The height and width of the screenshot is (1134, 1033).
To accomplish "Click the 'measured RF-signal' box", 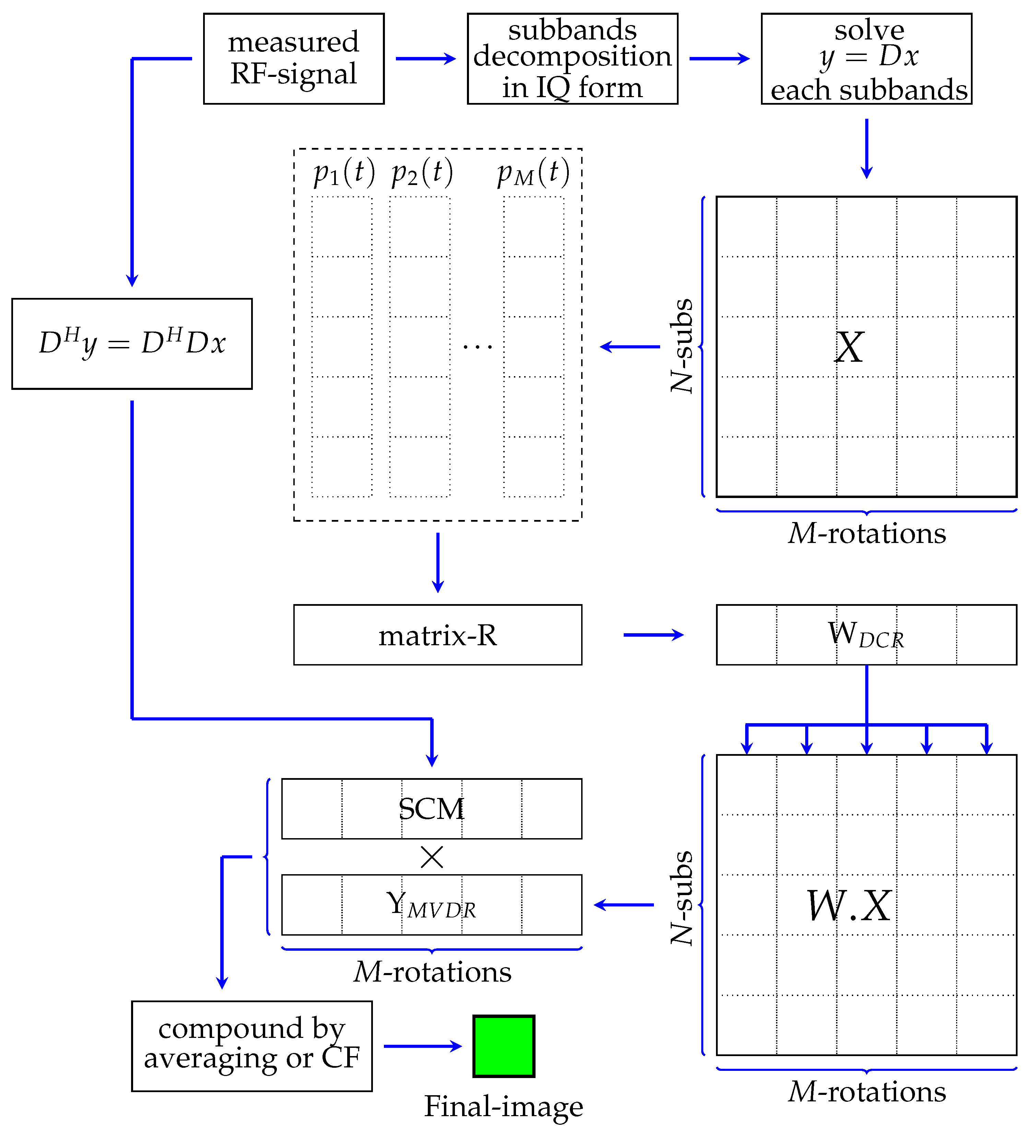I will coord(294,58).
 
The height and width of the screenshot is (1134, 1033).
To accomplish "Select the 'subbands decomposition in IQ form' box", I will coord(573,58).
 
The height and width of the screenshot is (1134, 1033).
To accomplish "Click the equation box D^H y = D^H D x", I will coord(132,344).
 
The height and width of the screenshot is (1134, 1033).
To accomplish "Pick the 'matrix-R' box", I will coord(437,635).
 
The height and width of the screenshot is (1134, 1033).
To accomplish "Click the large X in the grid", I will coord(848,347).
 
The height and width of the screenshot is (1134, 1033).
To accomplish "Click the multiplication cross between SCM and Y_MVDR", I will coord(432,857).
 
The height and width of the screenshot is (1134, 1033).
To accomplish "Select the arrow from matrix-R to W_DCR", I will coord(654,635).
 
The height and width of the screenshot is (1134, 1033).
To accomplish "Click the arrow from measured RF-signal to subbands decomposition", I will coord(426,58).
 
